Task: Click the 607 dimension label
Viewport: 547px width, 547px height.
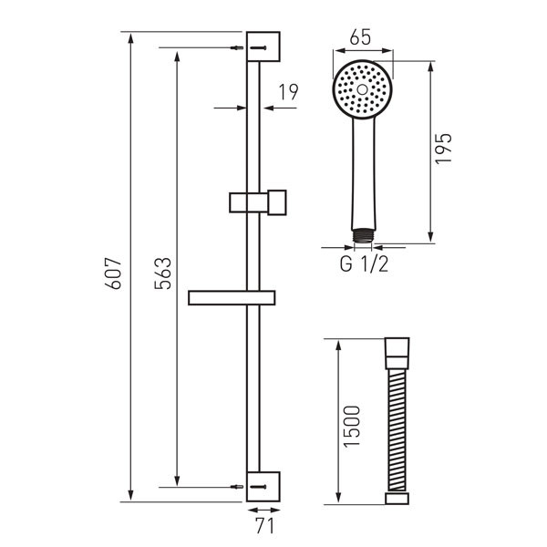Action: (114, 271)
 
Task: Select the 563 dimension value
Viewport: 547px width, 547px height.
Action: (160, 271)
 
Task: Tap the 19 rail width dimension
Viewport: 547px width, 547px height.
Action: (289, 91)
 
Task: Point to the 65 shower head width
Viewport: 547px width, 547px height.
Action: (361, 38)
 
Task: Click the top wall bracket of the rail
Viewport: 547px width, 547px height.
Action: (263, 46)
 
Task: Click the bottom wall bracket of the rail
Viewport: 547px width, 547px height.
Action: (263, 486)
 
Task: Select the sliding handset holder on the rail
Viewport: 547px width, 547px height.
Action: (257, 200)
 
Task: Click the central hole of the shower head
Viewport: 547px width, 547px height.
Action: (362, 90)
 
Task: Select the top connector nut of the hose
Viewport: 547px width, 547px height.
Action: (397, 349)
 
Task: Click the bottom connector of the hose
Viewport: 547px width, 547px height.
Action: (397, 499)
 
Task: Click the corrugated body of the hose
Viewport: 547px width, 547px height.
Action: (397, 424)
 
